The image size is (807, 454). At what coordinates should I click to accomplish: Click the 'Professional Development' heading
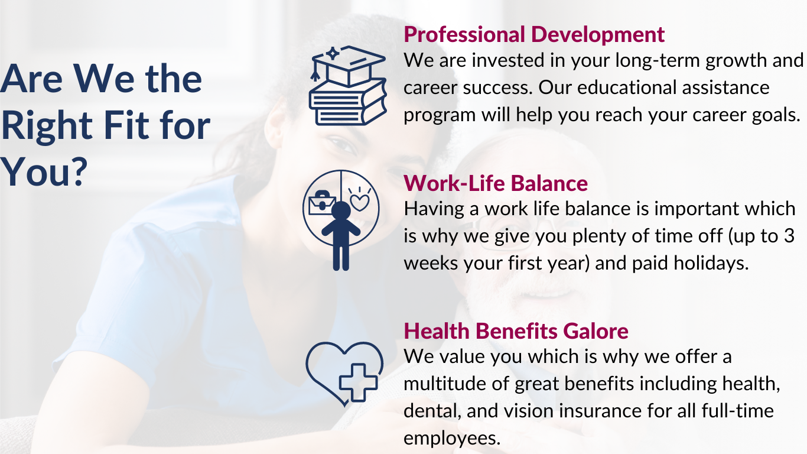tap(534, 35)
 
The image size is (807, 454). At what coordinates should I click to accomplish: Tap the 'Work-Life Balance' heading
tap(496, 183)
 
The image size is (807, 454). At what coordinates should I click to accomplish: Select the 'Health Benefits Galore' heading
tap(516, 331)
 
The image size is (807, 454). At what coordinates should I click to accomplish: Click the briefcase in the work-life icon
tap(322, 203)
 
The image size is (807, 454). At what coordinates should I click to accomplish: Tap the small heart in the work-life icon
tap(360, 203)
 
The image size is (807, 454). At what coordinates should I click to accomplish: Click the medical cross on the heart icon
tap(358, 382)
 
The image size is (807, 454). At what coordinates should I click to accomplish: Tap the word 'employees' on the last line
tap(452, 439)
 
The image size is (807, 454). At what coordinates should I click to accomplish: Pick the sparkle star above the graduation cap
tap(333, 53)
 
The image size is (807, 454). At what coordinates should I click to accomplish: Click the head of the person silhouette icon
tap(341, 210)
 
